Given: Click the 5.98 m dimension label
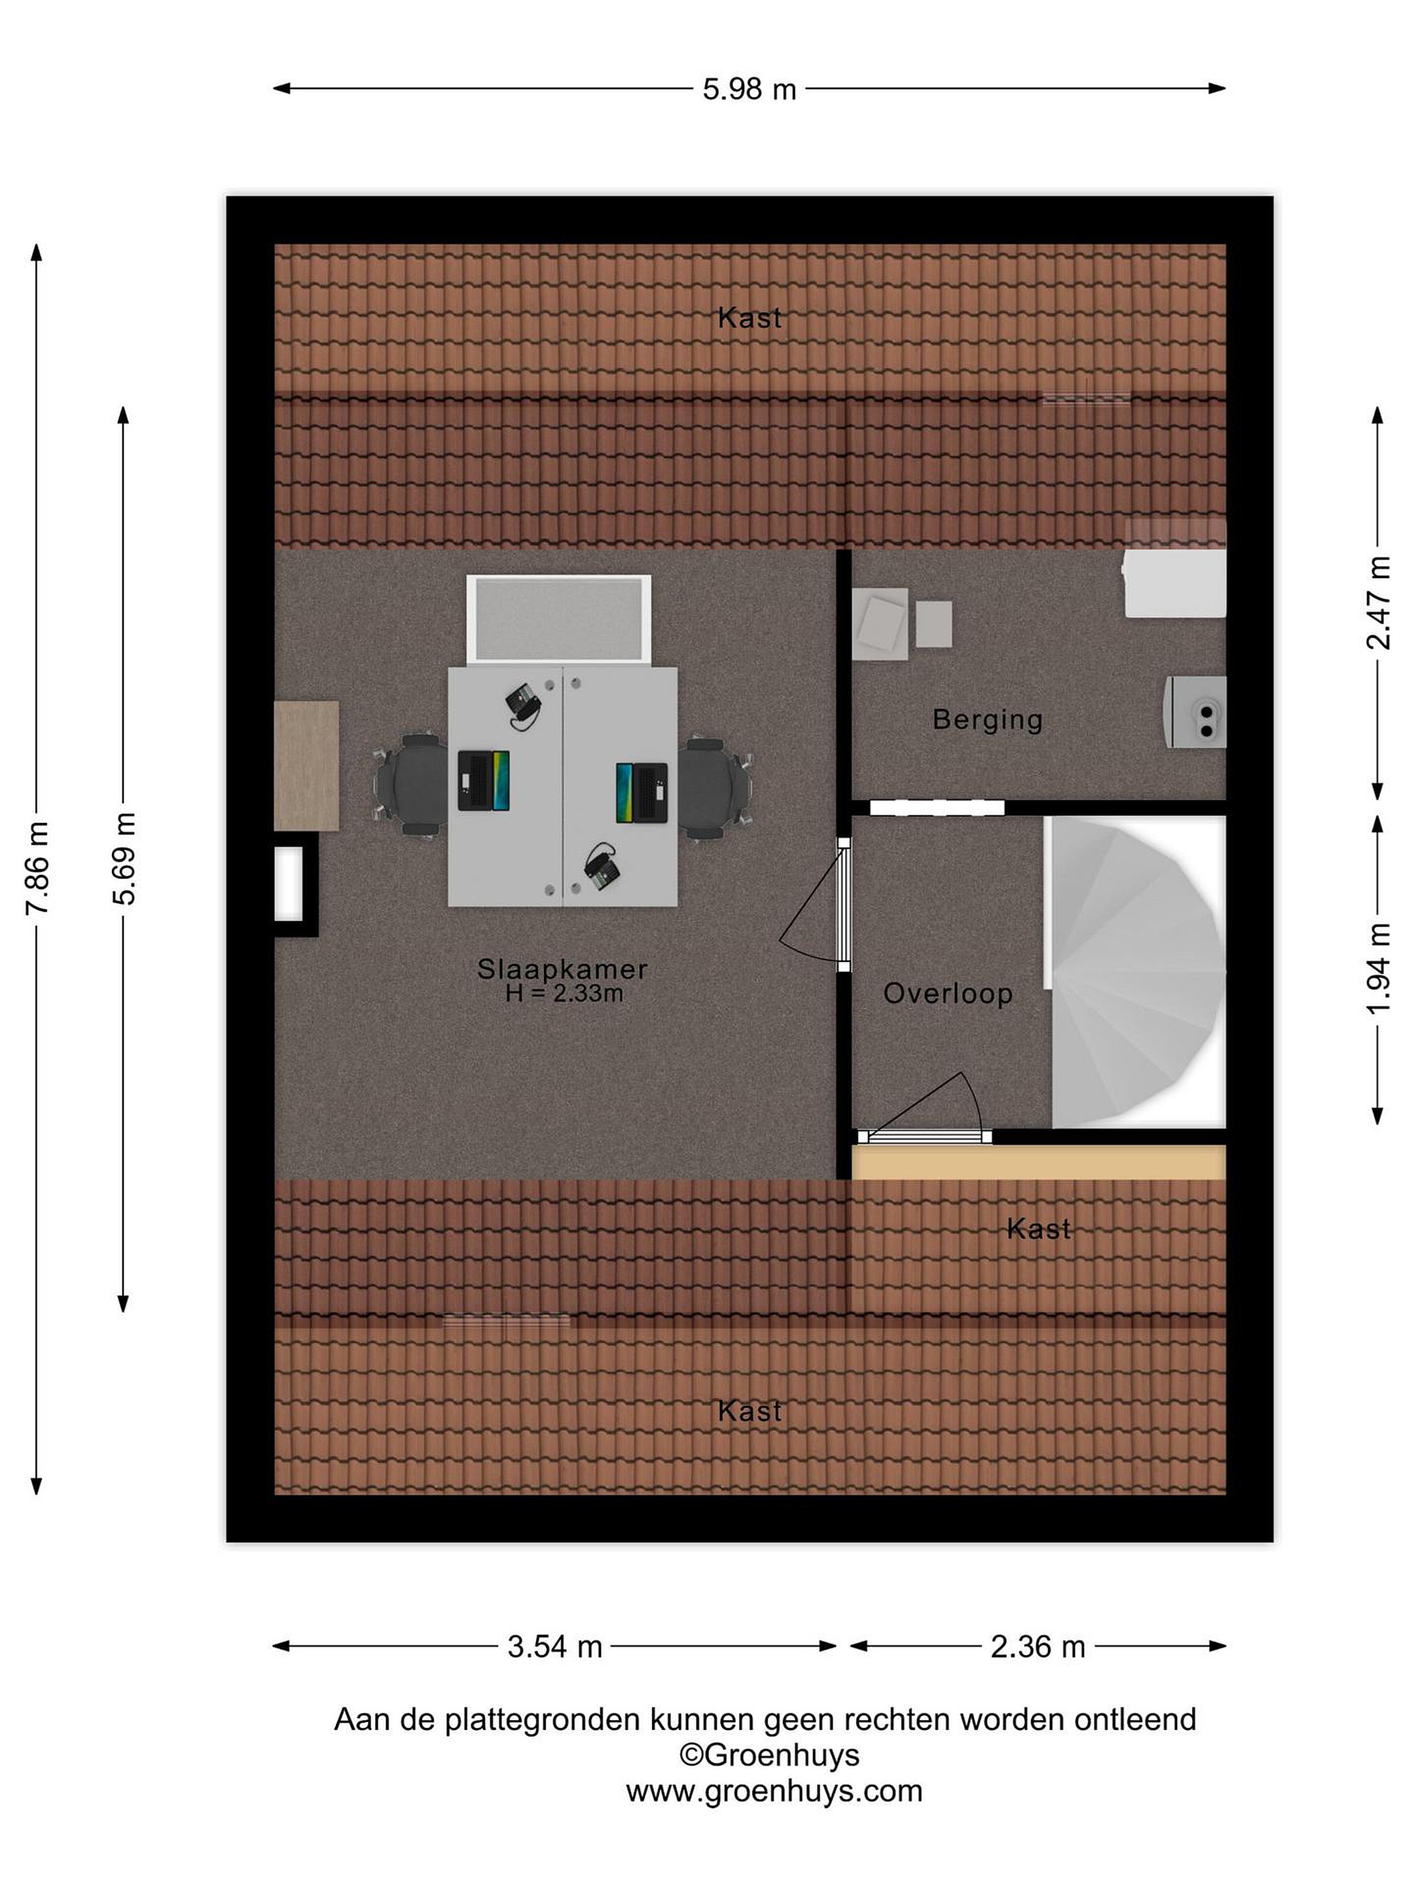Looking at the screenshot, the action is pyautogui.click(x=748, y=88).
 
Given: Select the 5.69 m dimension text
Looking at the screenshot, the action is pyautogui.click(x=124, y=858).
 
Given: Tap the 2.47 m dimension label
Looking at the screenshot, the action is pyautogui.click(x=1378, y=603).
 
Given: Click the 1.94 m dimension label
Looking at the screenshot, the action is pyautogui.click(x=1378, y=968).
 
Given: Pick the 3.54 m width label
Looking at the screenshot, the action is pyautogui.click(x=555, y=1646).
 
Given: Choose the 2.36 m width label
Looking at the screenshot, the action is pyautogui.click(x=1038, y=1646).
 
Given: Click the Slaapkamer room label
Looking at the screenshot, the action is pyautogui.click(x=562, y=969).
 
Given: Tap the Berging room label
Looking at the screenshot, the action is pyautogui.click(x=987, y=719).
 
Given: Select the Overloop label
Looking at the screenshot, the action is pyautogui.click(x=948, y=993).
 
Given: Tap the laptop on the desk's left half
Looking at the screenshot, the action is pyautogui.click(x=483, y=780).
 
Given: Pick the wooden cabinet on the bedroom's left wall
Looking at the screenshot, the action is pyautogui.click(x=306, y=765).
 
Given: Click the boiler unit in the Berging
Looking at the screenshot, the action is pyautogui.click(x=1196, y=711).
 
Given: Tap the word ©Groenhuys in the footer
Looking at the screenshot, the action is pyautogui.click(x=769, y=1755).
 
